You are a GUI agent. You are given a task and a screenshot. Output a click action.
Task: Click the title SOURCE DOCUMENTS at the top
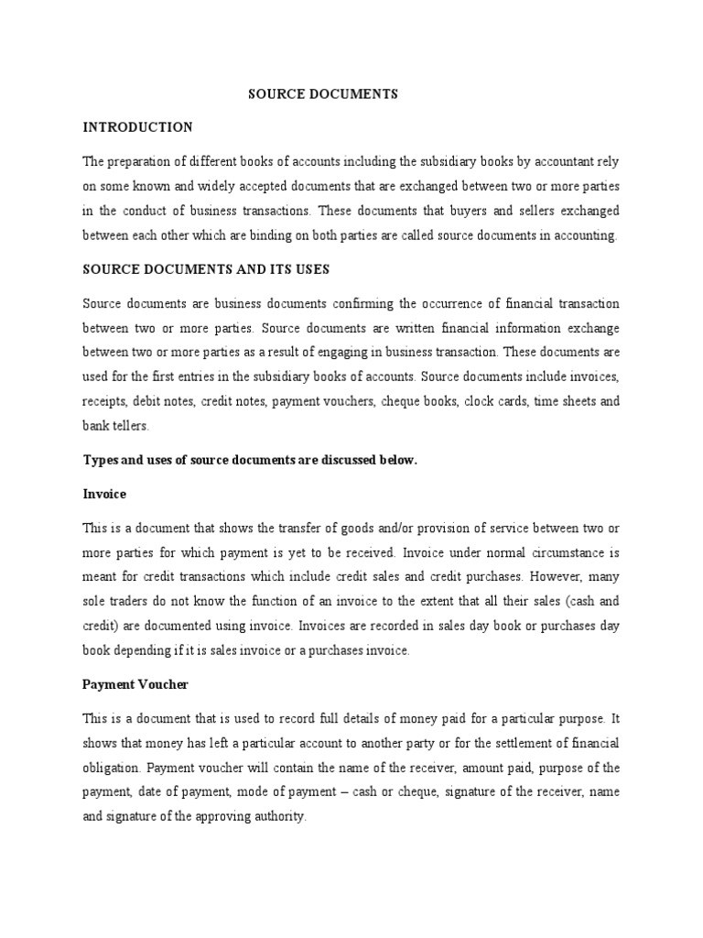[324, 94]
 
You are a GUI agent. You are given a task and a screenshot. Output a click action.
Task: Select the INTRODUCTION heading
[137, 126]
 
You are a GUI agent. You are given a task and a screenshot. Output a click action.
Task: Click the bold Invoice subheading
[104, 494]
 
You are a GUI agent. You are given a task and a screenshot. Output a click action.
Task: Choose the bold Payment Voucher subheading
[135, 684]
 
